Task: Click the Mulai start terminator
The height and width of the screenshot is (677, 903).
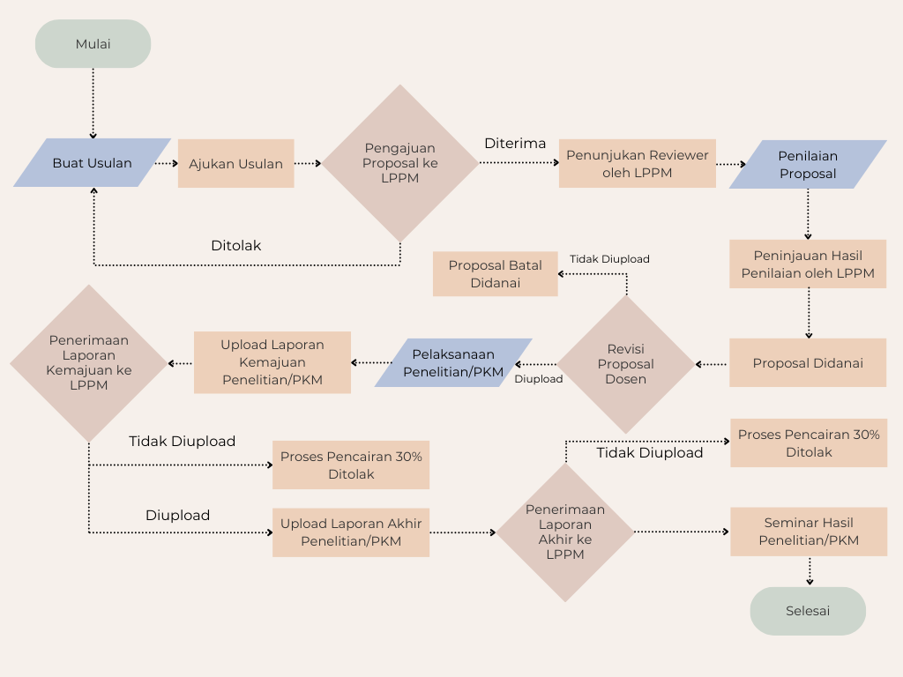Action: (93, 44)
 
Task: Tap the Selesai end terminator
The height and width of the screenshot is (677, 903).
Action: (808, 611)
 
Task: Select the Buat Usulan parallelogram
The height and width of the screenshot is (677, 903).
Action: (92, 163)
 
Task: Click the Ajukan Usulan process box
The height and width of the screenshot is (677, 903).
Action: (235, 163)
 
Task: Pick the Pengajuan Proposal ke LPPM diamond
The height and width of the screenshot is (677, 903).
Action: (400, 163)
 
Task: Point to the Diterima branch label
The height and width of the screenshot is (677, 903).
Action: (515, 144)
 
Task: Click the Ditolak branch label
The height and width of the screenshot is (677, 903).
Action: (235, 245)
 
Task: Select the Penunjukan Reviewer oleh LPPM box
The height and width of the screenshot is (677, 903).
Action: (637, 163)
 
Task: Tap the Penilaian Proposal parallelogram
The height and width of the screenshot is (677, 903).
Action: (808, 164)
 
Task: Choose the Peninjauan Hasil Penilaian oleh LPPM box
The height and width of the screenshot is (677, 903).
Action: (808, 264)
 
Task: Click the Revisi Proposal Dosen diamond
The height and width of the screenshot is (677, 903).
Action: (626, 363)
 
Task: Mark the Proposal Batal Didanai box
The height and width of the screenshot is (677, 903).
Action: (495, 273)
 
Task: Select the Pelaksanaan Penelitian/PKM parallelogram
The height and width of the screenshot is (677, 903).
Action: (453, 363)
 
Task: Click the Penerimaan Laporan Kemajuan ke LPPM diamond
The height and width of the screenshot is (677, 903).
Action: (88, 362)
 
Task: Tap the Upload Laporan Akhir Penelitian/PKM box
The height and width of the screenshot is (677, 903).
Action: (350, 532)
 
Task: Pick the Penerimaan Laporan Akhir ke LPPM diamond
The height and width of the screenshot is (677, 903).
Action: (565, 532)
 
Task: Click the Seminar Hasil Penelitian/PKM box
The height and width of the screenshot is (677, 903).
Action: (808, 532)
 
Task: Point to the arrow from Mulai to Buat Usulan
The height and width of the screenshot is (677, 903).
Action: (93, 102)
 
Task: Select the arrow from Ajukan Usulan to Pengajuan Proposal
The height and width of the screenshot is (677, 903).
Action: (308, 163)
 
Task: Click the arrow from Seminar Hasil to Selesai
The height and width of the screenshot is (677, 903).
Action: (809, 571)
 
